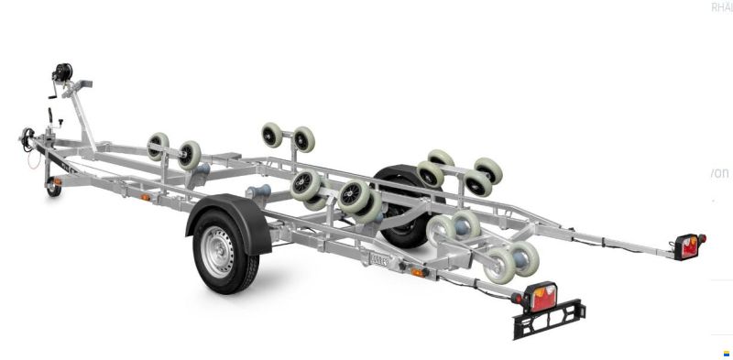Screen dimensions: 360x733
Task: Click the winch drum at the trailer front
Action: (63, 71)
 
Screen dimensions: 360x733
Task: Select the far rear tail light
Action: (687, 245)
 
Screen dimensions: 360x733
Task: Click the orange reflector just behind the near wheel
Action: (418, 272)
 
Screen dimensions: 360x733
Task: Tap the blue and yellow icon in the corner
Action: (726, 353)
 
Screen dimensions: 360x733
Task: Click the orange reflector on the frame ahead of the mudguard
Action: (145, 197)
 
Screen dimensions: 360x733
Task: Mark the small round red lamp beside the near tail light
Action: (519, 299)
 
